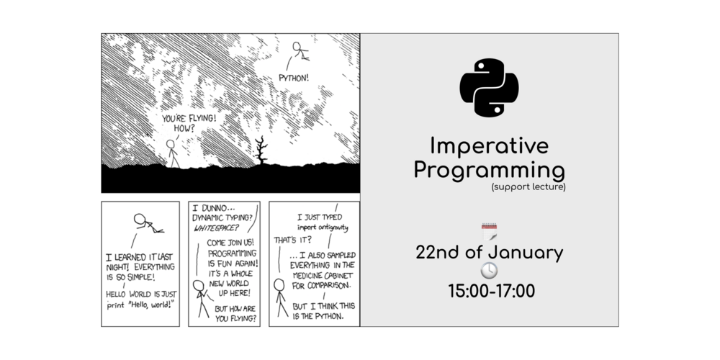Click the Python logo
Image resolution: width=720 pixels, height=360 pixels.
point(489,87)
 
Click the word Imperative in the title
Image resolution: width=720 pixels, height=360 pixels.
point(489,146)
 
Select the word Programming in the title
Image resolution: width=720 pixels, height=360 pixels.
point(489,171)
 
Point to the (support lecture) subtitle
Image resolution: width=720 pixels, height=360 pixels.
point(528,187)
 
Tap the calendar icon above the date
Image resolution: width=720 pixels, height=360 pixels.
point(489,233)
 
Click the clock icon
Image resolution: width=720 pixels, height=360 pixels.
point(489,271)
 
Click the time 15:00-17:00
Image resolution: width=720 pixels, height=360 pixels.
point(491,291)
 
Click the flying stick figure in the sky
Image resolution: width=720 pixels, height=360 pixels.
point(300,50)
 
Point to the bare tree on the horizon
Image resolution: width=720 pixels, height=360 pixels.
point(261,150)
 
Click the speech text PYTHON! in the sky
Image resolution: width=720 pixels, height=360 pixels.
point(294,78)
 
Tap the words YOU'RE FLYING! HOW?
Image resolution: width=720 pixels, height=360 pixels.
point(188,123)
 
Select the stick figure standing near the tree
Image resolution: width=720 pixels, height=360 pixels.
point(172,154)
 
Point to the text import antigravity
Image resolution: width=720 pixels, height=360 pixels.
point(323,228)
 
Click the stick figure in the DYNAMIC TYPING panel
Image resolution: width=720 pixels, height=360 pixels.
point(201,299)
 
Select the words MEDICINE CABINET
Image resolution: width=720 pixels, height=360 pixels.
point(321,276)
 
